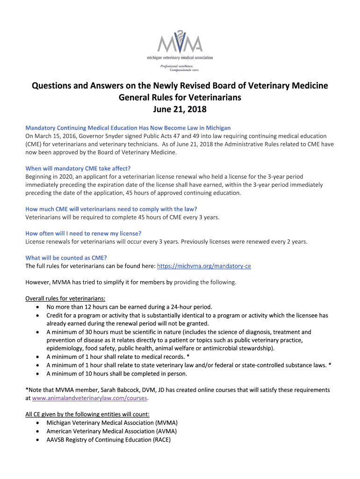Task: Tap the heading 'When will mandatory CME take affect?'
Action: tap(77, 168)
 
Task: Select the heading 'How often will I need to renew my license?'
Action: tap(83, 233)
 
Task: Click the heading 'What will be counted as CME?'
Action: tap(66, 258)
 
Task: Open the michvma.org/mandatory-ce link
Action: tap(204, 266)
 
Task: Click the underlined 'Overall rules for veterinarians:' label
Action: tap(65, 298)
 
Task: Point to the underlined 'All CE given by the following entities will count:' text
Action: tap(87, 414)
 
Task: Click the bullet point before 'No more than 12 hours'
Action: tap(38, 307)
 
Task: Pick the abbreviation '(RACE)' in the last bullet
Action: tap(160, 440)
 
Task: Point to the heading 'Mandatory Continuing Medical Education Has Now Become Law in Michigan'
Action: tap(128, 128)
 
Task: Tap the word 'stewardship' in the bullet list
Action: tap(257, 348)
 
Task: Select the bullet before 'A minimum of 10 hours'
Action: tap(38, 374)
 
